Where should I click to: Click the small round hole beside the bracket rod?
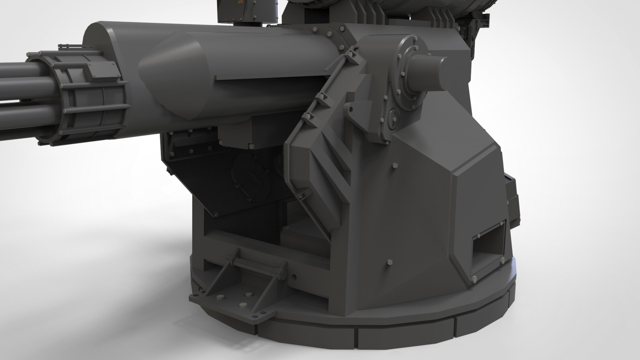[x=294, y=276]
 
